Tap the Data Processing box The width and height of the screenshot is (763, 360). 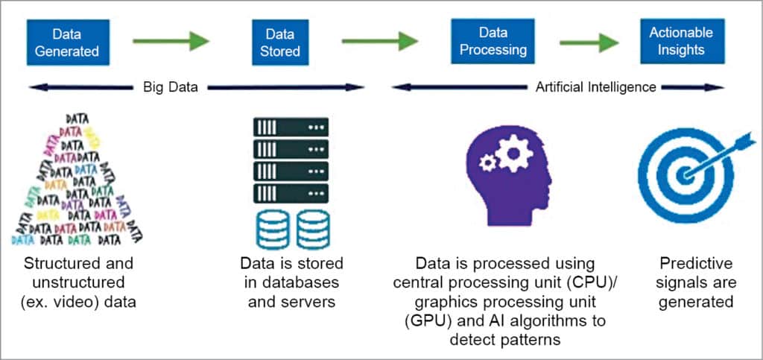[x=493, y=42]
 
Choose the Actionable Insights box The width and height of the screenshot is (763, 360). [x=680, y=42]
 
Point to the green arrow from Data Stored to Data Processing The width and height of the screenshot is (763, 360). [x=380, y=41]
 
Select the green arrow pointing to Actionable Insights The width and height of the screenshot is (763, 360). [x=589, y=42]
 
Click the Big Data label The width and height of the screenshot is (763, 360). [x=170, y=87]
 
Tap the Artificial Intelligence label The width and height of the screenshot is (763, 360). [x=595, y=87]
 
